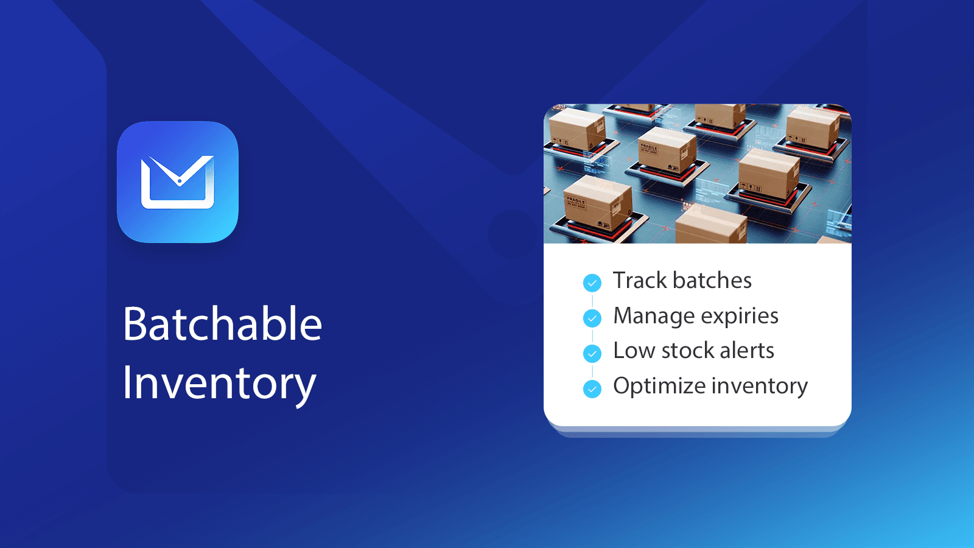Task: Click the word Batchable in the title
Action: [x=222, y=324]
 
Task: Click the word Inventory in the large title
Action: [x=219, y=384]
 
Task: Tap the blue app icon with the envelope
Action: [x=178, y=182]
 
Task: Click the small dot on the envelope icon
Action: [x=180, y=181]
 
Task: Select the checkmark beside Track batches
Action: [x=592, y=283]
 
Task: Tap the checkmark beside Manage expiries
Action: [x=592, y=318]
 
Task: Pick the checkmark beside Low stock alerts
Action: [x=592, y=353]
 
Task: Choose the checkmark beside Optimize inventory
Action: [x=592, y=388]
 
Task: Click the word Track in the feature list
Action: [x=640, y=281]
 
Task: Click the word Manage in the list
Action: [x=654, y=316]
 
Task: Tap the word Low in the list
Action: [x=634, y=351]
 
